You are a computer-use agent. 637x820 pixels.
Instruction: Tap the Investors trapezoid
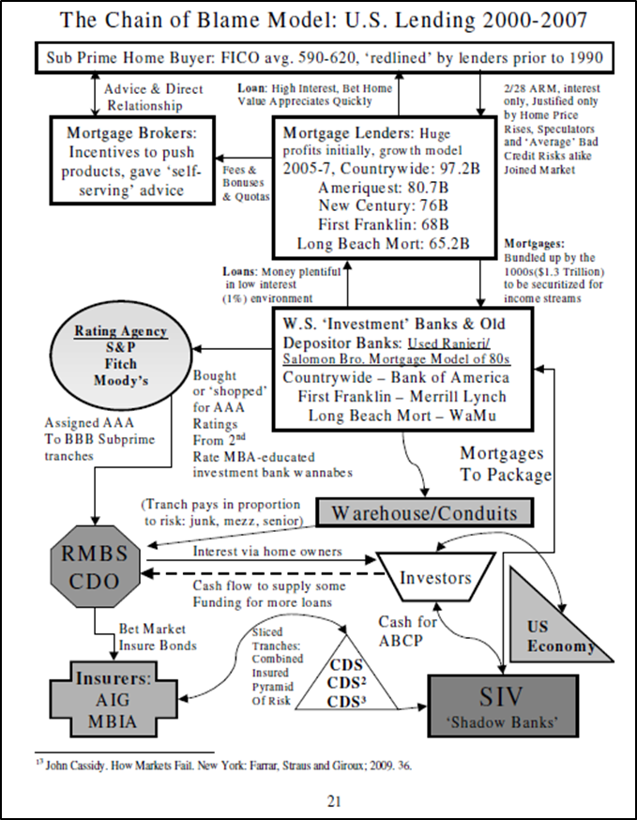(x=435, y=577)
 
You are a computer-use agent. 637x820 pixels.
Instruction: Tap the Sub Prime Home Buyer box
(x=319, y=59)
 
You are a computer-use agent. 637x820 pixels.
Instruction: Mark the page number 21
(x=318, y=799)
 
